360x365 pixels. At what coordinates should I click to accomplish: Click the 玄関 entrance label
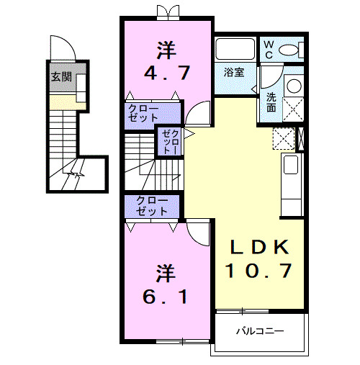point(61,76)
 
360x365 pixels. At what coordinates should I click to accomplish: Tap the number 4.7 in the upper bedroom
point(167,73)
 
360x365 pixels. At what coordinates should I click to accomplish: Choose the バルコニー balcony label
point(260,332)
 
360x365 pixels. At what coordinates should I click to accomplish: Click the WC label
point(268,50)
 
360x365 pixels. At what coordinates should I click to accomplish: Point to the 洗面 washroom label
point(271,102)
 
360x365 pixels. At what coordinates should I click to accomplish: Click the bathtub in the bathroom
point(235,50)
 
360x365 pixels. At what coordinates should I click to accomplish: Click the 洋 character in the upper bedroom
point(167,50)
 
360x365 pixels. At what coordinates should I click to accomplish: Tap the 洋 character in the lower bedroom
point(166,272)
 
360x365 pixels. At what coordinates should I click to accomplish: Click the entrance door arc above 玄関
point(66,48)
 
